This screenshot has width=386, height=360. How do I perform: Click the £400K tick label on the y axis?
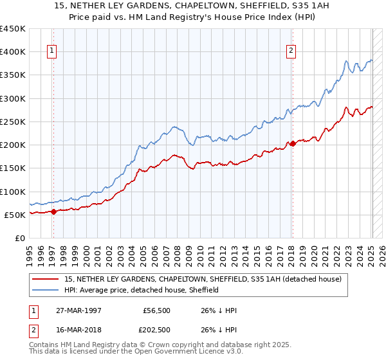pyautogui.click(x=13, y=52)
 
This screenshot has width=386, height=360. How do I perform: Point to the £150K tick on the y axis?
pyautogui.click(x=13, y=168)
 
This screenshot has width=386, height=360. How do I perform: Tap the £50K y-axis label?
pyautogui.click(x=15, y=215)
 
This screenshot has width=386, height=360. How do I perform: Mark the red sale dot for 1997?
pyautogui.click(x=54, y=212)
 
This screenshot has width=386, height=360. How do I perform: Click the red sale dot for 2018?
pyautogui.click(x=293, y=143)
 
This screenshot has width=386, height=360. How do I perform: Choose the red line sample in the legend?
pyautogui.click(x=46, y=279)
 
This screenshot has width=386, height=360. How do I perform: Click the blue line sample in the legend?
pyautogui.click(x=46, y=290)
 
